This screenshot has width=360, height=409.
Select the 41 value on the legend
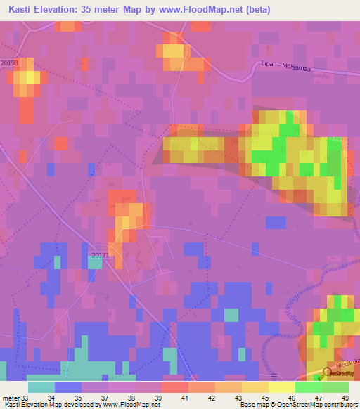174,397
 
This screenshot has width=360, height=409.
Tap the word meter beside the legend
10,397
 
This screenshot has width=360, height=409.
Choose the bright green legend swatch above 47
308,387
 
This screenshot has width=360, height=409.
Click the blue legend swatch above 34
67,387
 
